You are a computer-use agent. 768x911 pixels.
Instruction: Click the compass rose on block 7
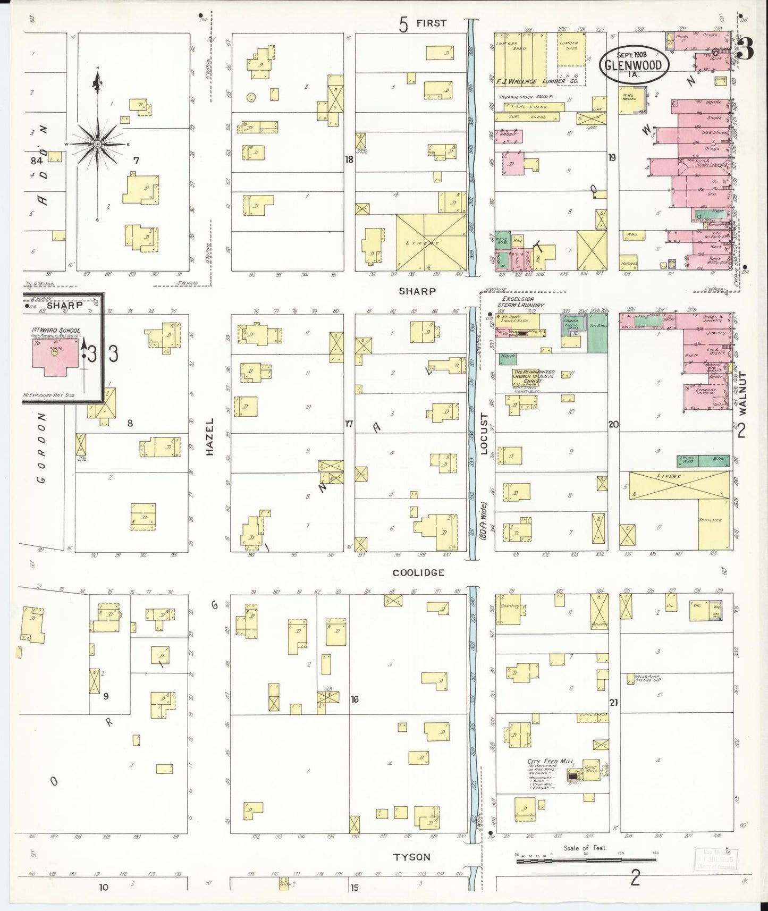[97, 144]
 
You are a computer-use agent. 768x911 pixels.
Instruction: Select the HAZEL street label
[209, 436]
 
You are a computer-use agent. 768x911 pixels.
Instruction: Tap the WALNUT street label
[742, 393]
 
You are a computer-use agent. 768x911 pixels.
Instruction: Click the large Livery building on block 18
[431, 243]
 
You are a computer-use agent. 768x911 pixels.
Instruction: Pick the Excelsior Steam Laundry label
[520, 302]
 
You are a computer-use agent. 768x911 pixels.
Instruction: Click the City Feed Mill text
[544, 762]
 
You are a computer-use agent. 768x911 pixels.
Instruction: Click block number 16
[355, 699]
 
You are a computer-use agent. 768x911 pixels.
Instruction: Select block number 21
[614, 702]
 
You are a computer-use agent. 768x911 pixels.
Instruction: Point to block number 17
[349, 424]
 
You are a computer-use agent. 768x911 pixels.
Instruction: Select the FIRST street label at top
[431, 23]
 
